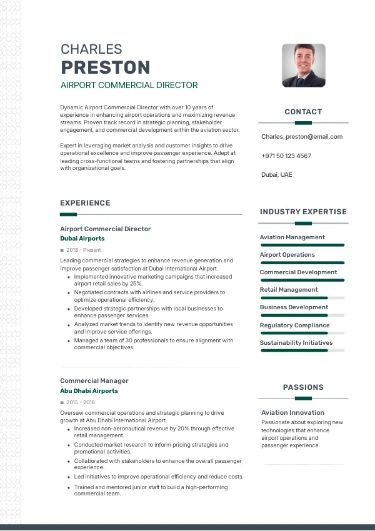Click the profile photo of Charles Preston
pos(304,65)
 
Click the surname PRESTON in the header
pos(105,67)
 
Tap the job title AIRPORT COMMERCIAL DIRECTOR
pos(129,86)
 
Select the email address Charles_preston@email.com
pos(302,137)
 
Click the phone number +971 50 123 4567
pos(286,156)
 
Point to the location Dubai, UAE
pos(277,175)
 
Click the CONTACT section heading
pos(303,112)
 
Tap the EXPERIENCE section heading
pos(85,203)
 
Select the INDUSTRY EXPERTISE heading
pos(303,212)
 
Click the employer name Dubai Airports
pos(82,239)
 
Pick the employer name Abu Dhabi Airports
pos(89,391)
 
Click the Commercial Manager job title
pos(94,380)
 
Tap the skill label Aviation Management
pos(292,237)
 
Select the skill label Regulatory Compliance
pos(294,325)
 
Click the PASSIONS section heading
pos(303,387)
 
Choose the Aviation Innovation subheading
pos(292,413)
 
